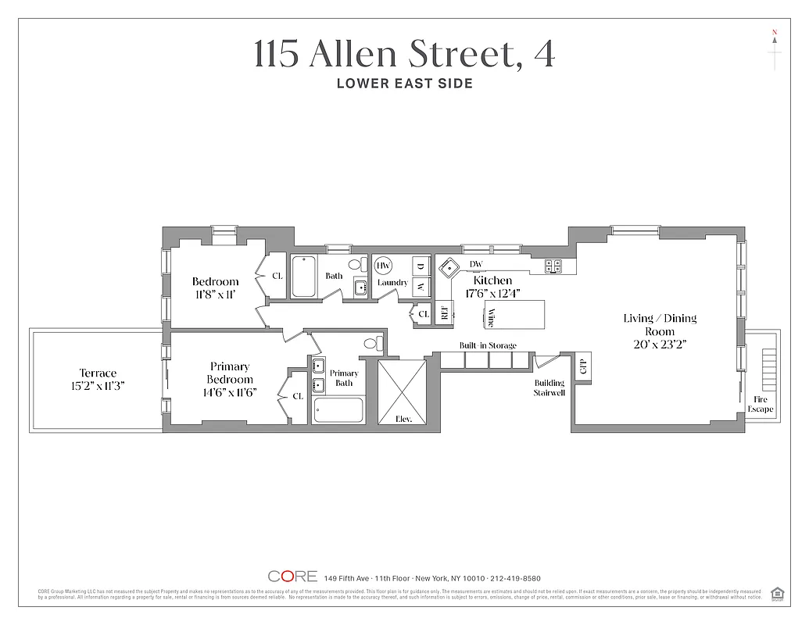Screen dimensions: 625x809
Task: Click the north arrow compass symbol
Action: (x=775, y=49)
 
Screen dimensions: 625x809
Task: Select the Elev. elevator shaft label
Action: (x=403, y=418)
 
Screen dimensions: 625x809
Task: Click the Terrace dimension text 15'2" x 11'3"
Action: (x=98, y=385)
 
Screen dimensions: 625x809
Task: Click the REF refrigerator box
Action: (x=444, y=312)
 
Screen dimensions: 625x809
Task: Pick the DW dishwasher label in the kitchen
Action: (x=476, y=265)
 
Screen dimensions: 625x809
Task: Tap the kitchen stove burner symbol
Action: (x=553, y=266)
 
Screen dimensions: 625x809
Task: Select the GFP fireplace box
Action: (x=582, y=365)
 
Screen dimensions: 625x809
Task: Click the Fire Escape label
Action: (x=760, y=404)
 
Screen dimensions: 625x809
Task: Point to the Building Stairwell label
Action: (x=549, y=387)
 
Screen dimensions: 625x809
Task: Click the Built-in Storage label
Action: (x=488, y=345)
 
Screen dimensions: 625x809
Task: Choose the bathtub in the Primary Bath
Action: (x=338, y=410)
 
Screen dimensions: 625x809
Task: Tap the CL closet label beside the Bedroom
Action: (x=277, y=277)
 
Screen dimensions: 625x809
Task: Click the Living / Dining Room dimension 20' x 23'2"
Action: (x=660, y=344)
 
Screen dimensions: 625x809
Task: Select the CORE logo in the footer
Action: (x=292, y=577)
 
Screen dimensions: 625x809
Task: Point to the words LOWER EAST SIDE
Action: (x=404, y=83)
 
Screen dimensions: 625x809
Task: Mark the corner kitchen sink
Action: (x=449, y=269)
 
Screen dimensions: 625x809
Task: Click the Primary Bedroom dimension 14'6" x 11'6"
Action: (x=230, y=391)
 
